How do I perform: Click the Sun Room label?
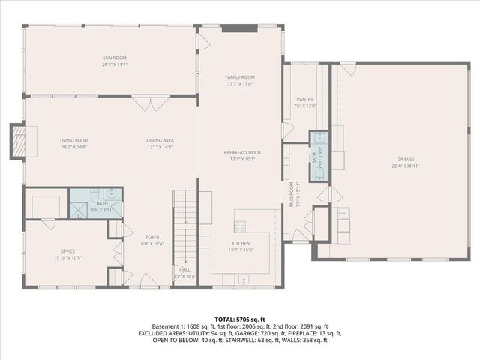pyautogui.click(x=115, y=58)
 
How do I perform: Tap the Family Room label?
pyautogui.click(x=240, y=77)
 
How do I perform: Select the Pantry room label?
pyautogui.click(x=304, y=99)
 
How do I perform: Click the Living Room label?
pyautogui.click(x=74, y=140)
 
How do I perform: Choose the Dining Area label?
pyautogui.click(x=160, y=140)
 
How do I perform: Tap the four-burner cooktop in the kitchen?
pyautogui.click(x=241, y=226)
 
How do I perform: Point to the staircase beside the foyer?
pyautogui.click(x=184, y=225)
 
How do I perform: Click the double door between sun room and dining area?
pyautogui.click(x=143, y=103)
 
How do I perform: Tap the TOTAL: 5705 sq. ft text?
pyautogui.click(x=239, y=319)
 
